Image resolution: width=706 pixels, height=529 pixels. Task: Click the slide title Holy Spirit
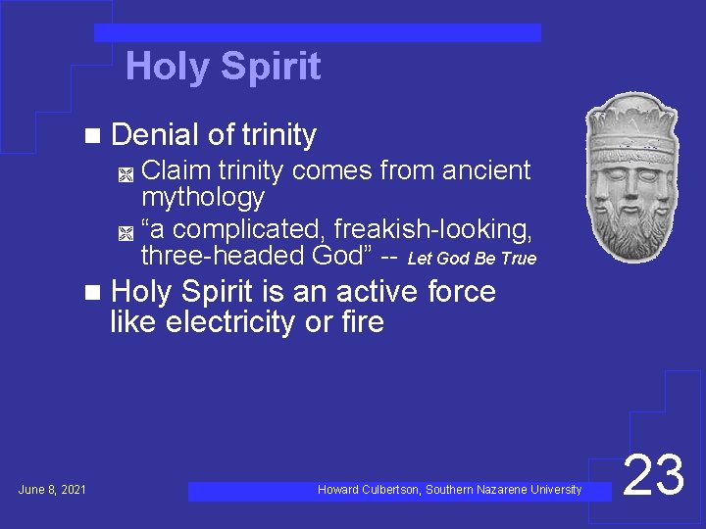[x=223, y=67]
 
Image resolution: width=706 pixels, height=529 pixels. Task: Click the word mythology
[x=203, y=197]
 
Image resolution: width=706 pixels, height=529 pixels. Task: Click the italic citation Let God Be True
[x=472, y=259]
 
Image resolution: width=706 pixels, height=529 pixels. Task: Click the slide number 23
[x=653, y=477]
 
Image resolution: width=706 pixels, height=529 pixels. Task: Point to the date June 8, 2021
[x=52, y=490]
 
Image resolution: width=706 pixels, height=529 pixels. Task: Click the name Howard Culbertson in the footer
[x=369, y=490]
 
